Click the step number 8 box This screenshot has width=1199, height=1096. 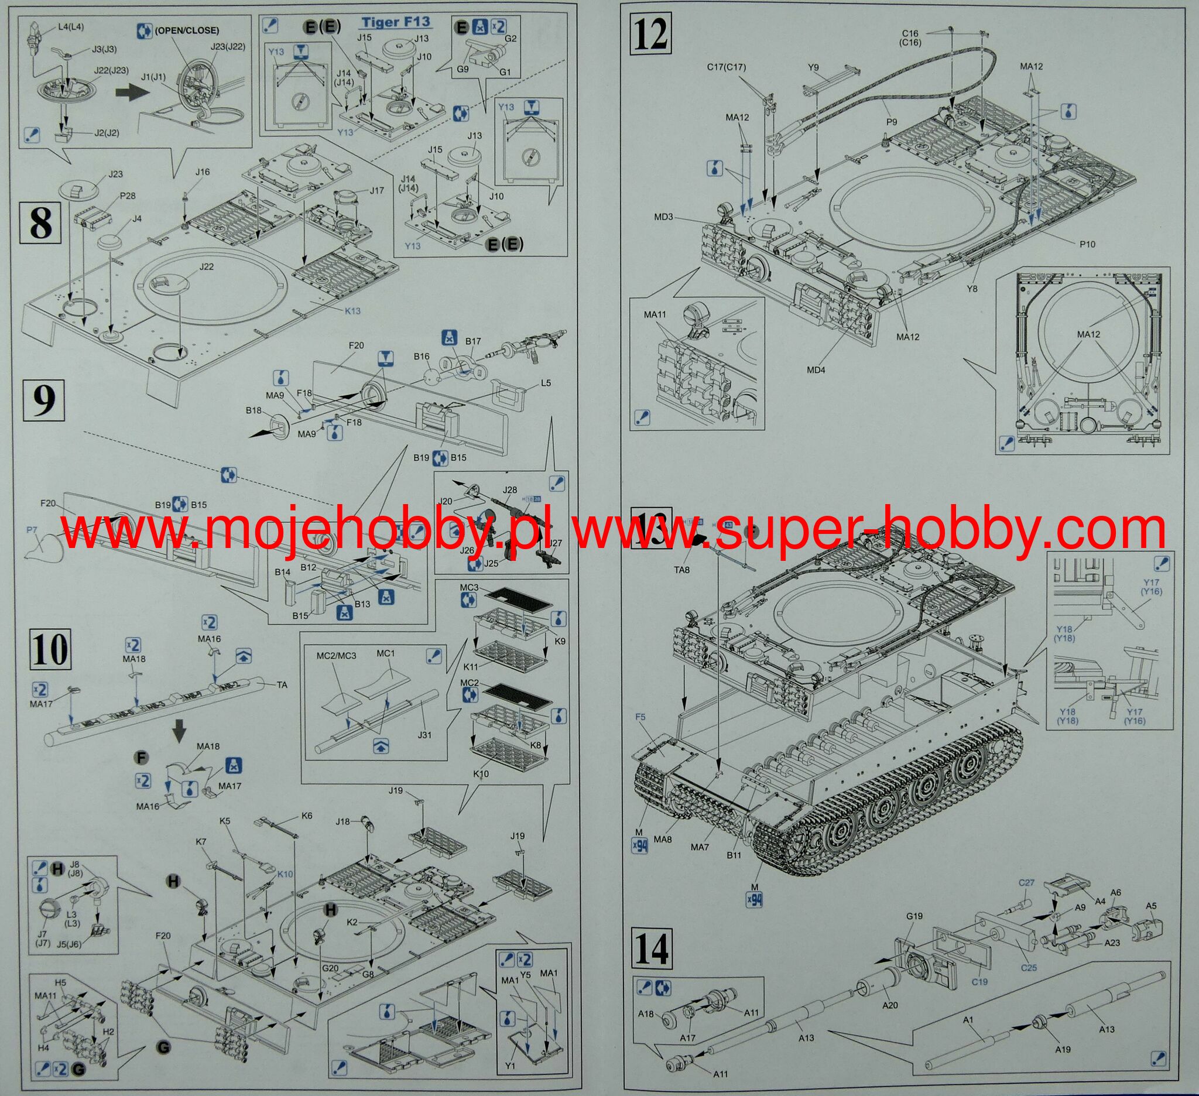tap(40, 222)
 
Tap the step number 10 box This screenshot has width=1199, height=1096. tap(50, 649)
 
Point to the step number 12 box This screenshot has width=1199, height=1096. tap(650, 35)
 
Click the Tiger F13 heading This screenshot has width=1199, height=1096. tap(396, 23)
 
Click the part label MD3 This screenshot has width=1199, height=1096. tap(664, 217)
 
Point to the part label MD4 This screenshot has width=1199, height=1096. tap(816, 370)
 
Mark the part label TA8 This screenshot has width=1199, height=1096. tap(681, 569)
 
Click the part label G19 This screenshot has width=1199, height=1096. tap(914, 915)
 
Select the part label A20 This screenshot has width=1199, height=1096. tap(890, 1005)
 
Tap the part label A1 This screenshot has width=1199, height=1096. tap(968, 1019)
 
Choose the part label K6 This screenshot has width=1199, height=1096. tap(307, 816)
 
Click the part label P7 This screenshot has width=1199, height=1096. tap(32, 529)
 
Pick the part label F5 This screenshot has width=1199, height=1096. tap(640, 717)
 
